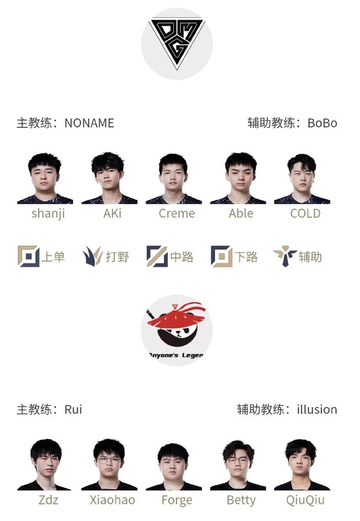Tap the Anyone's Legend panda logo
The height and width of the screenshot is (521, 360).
(176, 330)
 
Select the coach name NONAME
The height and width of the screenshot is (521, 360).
(89, 123)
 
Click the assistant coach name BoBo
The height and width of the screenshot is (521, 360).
(322, 123)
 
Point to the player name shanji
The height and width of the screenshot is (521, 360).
(48, 214)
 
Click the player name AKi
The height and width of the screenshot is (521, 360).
(112, 214)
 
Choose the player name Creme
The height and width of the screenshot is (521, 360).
(177, 214)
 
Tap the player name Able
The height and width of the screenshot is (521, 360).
(241, 214)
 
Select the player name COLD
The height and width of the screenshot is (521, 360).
(305, 214)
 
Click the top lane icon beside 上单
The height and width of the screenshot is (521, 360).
(29, 256)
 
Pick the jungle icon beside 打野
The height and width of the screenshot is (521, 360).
(92, 256)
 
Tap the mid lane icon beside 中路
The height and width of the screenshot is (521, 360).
(157, 256)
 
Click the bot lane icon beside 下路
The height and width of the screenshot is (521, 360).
(222, 256)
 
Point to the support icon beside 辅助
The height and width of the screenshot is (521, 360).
(285, 256)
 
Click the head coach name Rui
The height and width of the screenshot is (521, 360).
(73, 409)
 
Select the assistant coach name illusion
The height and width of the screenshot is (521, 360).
(317, 409)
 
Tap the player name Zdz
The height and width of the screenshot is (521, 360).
(48, 500)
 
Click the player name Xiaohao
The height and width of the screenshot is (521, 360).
(112, 500)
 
